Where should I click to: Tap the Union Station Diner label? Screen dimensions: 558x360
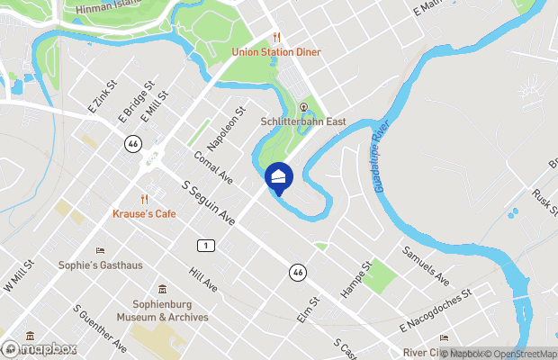coord(276,52)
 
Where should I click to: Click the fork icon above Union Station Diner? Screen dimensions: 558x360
coord(277,38)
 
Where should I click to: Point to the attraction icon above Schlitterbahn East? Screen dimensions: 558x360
coord(303,106)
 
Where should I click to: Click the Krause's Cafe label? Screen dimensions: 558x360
coord(144,213)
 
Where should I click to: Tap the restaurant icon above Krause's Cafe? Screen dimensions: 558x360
coord(144,199)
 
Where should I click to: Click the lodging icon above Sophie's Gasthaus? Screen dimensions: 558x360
coord(100,251)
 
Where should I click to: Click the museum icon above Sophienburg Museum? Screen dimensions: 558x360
coord(162,290)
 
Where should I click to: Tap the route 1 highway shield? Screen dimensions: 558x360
coord(206,245)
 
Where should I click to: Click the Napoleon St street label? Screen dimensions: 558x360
coord(226,131)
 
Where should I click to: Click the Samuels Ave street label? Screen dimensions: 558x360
coord(426,265)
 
